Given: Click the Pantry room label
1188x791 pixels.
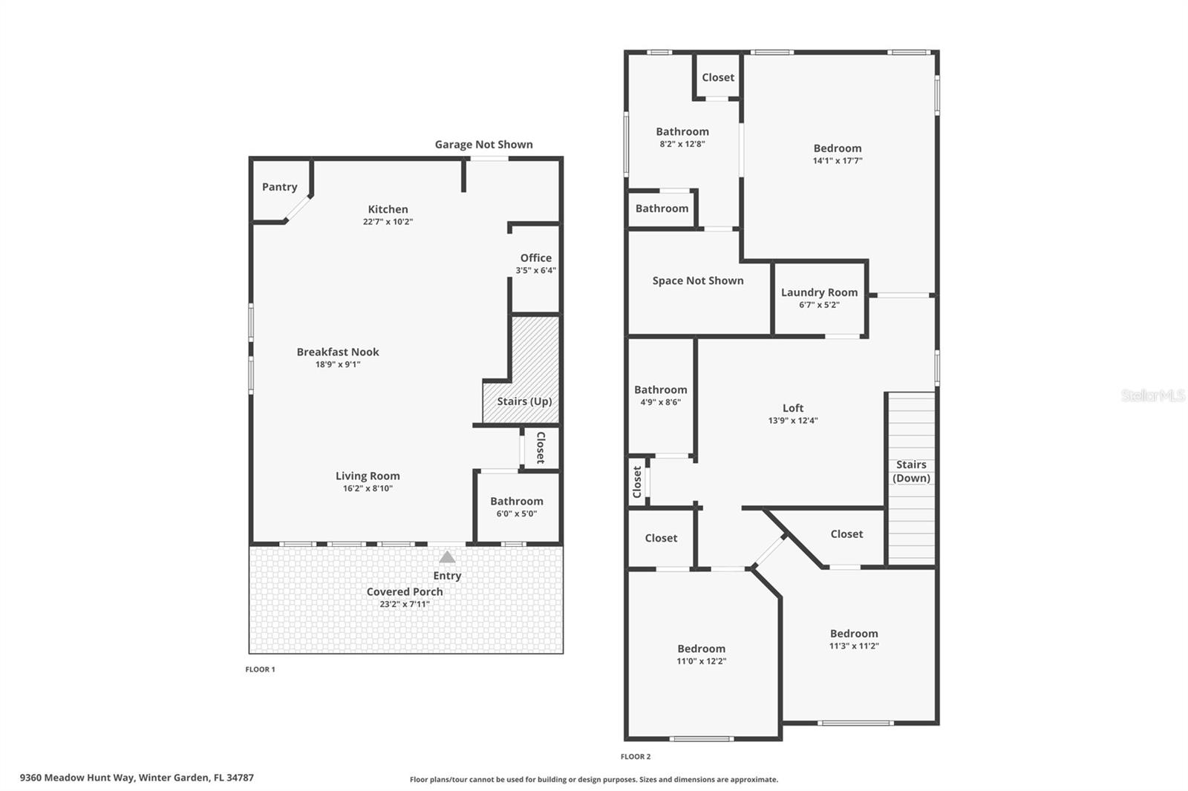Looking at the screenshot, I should tap(279, 187).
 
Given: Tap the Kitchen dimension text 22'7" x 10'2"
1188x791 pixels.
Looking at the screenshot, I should tap(388, 222).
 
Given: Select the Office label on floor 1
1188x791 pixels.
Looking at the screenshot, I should tap(535, 258).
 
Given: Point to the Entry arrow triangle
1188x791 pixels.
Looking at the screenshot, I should tap(447, 557).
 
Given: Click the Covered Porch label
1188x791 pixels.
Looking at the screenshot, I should tap(405, 591).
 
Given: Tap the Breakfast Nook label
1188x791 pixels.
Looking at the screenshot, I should tap(338, 352).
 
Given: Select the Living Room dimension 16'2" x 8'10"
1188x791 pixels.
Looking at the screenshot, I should tap(368, 488).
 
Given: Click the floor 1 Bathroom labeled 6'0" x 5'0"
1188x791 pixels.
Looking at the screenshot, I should tap(516, 502).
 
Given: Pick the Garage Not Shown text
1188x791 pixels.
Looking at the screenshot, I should tap(483, 145).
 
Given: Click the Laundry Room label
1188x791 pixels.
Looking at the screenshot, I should tap(819, 292).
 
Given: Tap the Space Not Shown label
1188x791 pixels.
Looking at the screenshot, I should tap(698, 280).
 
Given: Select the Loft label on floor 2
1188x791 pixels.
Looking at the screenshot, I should tap(793, 408).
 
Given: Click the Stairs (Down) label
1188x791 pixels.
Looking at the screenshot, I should tap(911, 471).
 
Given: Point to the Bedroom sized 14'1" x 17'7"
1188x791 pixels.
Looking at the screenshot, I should tap(838, 148).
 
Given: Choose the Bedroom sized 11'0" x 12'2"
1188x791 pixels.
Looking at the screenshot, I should tap(701, 649).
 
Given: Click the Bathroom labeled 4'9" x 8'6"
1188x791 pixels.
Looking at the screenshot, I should tap(660, 390).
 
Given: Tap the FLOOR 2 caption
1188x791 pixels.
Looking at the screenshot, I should tap(636, 757).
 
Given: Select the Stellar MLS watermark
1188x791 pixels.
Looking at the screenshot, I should tap(1152, 396).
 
